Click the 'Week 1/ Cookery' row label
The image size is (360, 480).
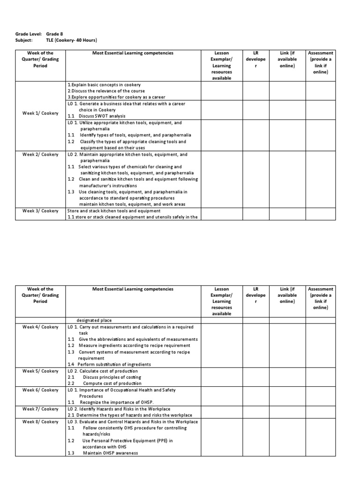[x=41, y=113]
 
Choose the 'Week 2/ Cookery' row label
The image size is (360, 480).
[x=41, y=154]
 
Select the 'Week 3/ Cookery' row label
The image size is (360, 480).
[x=41, y=210]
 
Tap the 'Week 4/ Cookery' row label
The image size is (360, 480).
[x=41, y=327]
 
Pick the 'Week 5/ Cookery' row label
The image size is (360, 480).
[x=41, y=371]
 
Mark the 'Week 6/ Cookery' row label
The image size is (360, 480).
[x=41, y=390]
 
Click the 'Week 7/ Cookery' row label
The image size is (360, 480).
[x=41, y=409]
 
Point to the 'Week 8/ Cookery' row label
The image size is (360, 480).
[x=41, y=421]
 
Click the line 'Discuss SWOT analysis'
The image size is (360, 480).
[x=102, y=116]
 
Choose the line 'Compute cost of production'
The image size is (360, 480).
[x=112, y=383]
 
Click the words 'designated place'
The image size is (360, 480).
[x=94, y=320]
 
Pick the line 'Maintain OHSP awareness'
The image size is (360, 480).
[x=111, y=453]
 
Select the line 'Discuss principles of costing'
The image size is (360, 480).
[x=112, y=377]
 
